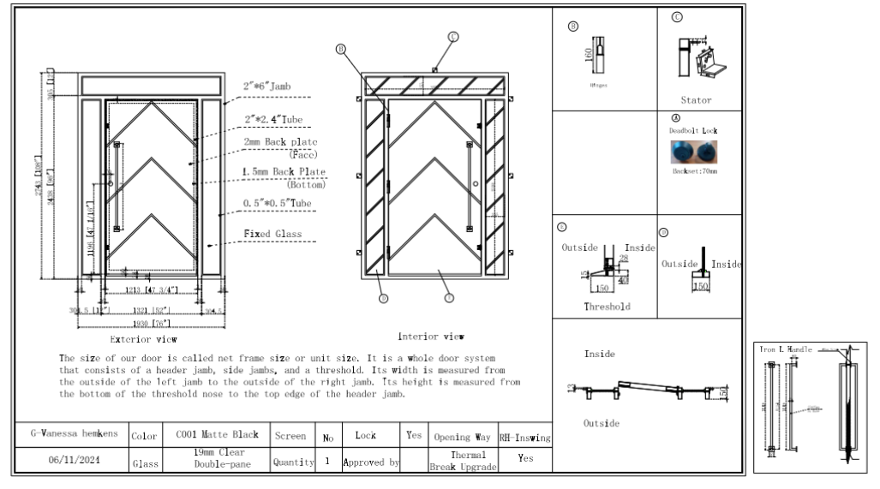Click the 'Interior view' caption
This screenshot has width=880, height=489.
431,337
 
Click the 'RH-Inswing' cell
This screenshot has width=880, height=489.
524,436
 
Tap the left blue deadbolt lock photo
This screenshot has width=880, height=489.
683,152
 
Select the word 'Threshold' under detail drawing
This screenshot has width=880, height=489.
607,306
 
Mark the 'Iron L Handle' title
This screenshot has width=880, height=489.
787,349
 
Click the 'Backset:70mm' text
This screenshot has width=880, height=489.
695,172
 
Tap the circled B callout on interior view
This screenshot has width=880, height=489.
340,50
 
